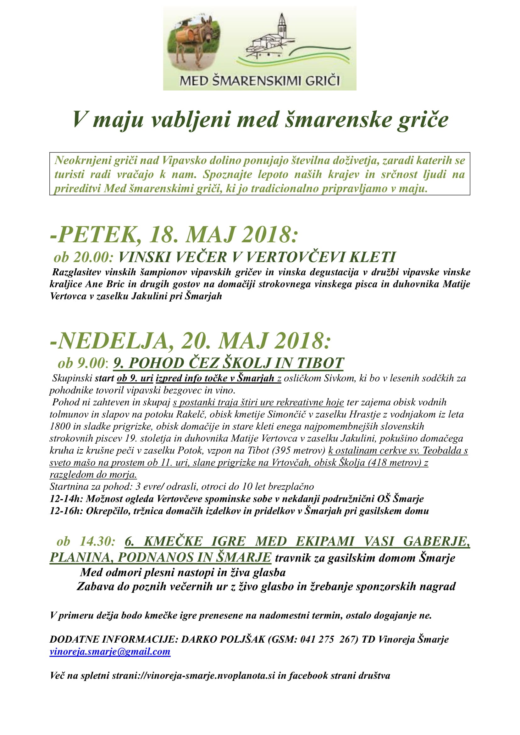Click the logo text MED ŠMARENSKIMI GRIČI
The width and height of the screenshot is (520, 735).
[x=259, y=81]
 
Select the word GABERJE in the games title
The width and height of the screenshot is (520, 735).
[x=436, y=541]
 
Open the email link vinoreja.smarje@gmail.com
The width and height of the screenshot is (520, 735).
[x=110, y=652]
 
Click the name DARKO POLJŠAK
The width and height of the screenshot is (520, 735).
[x=223, y=639]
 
